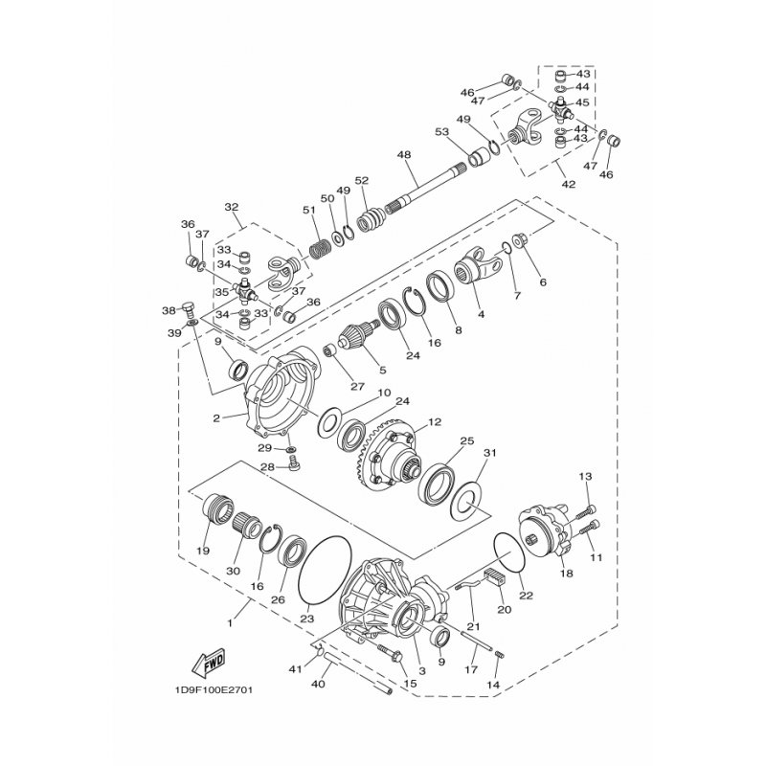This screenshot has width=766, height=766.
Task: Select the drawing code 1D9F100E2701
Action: [215, 688]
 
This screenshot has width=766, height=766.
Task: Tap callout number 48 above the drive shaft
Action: [403, 155]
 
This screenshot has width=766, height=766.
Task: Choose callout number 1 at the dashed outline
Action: [230, 623]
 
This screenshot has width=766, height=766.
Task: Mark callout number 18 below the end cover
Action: [566, 574]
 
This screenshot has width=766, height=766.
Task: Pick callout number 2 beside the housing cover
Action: [216, 417]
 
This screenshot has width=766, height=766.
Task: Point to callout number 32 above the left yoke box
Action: [231, 207]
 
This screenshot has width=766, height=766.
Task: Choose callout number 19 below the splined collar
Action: [203, 551]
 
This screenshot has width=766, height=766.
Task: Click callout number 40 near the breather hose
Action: [317, 684]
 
